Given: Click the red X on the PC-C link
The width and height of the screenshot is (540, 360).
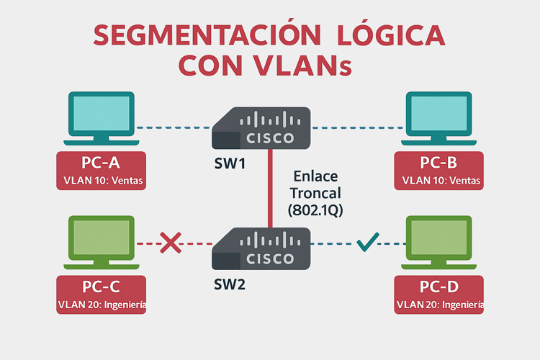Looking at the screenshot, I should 170,243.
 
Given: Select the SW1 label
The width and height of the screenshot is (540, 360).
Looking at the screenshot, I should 230,164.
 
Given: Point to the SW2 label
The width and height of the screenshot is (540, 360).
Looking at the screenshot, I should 230,284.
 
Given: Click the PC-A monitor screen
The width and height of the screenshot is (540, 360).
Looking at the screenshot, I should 101,111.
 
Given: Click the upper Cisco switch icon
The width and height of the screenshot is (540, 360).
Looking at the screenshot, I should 262,127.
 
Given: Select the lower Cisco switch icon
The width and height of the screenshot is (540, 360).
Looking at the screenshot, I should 262,248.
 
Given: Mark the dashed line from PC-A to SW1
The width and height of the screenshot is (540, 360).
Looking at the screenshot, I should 173,127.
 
